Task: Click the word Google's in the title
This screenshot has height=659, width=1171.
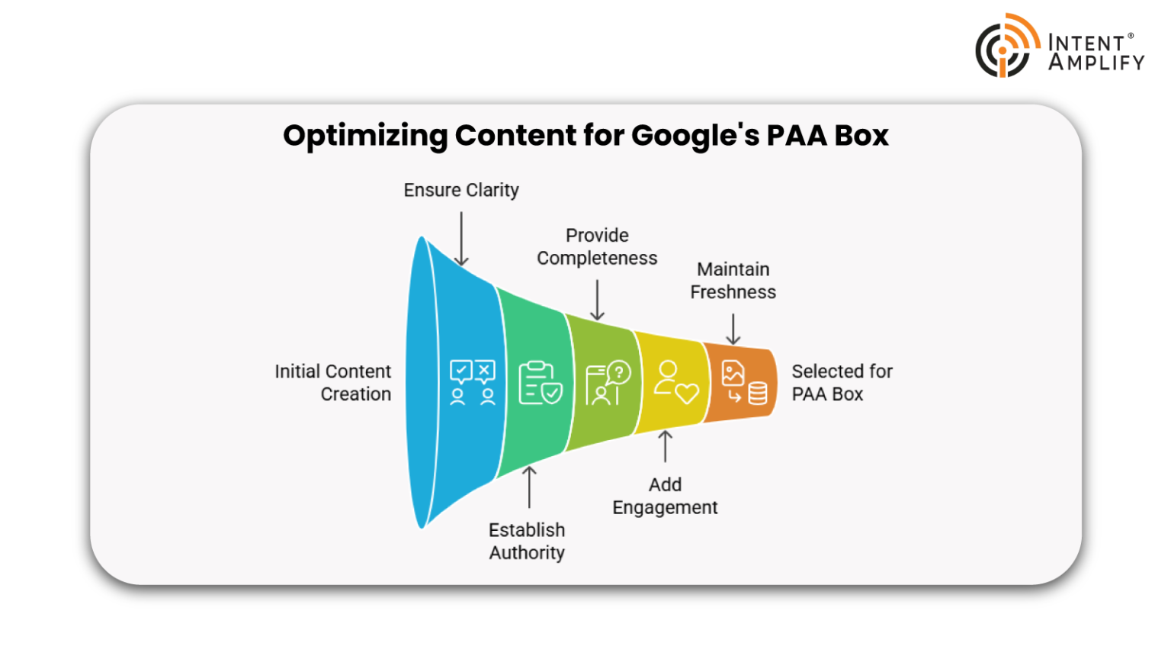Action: pyautogui.click(x=695, y=136)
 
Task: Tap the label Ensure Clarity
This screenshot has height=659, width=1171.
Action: pyautogui.click(x=461, y=190)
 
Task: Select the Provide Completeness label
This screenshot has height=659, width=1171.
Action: pyautogui.click(x=597, y=246)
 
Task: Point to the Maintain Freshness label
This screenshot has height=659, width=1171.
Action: pyautogui.click(x=733, y=281)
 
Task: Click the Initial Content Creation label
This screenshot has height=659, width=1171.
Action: pyautogui.click(x=333, y=382)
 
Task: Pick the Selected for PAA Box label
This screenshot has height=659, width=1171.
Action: pyautogui.click(x=841, y=382)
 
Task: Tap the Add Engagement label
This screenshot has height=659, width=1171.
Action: pyautogui.click(x=665, y=496)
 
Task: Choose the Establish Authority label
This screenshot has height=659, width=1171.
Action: pyautogui.click(x=527, y=541)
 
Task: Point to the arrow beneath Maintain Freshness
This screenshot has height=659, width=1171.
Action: pyautogui.click(x=733, y=329)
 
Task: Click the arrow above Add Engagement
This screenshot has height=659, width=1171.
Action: pyautogui.click(x=666, y=446)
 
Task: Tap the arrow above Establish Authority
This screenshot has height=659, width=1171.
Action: pyautogui.click(x=529, y=487)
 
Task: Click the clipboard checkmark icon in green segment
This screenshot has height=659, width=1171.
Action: pyautogui.click(x=540, y=382)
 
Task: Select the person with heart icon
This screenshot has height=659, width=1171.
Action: pyautogui.click(x=675, y=382)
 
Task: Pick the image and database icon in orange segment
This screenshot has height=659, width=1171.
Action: pyautogui.click(x=744, y=382)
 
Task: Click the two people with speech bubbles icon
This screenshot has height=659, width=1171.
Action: pyautogui.click(x=473, y=382)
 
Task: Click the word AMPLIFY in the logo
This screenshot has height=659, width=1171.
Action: pyautogui.click(x=1096, y=63)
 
